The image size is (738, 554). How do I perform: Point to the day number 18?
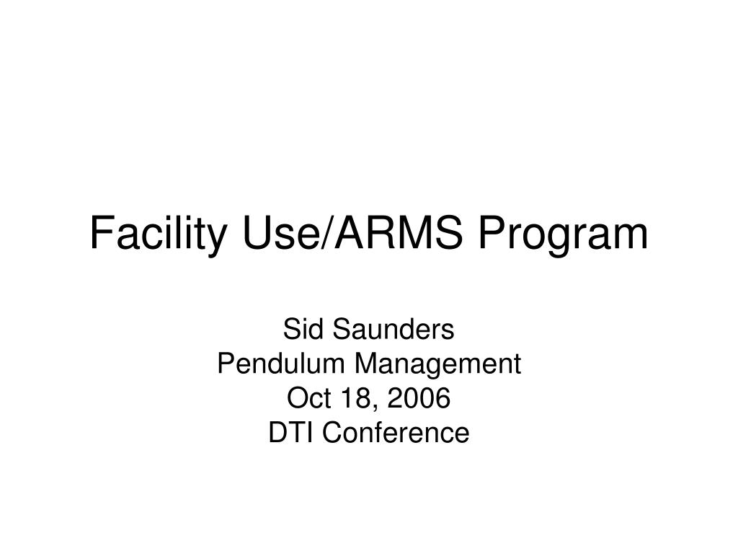click(x=347, y=399)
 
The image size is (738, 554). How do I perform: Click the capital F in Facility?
click(x=100, y=234)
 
